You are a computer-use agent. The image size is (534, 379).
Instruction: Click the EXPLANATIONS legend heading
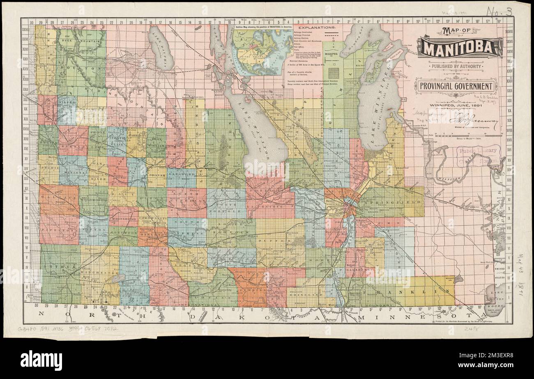pyautogui.click(x=311, y=28)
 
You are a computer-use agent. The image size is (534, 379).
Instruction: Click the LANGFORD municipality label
pyautogui.click(x=181, y=174)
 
